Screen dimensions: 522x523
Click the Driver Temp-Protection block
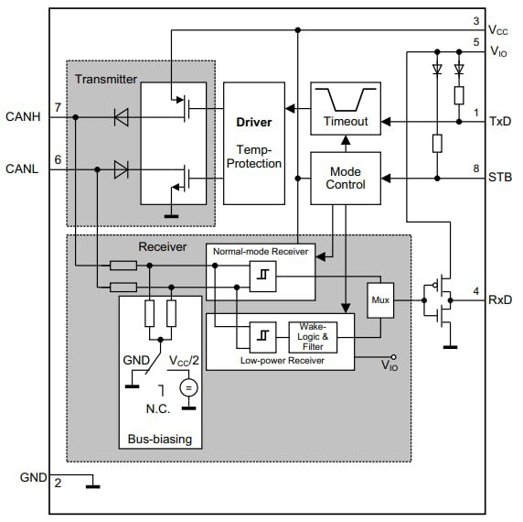coord(253,141)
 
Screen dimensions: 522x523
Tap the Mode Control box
coord(346,177)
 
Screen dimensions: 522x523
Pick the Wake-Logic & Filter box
coord(313,336)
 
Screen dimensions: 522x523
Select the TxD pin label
coord(499,121)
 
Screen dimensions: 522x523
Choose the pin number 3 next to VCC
coord(476,20)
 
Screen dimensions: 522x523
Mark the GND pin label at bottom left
coord(33,477)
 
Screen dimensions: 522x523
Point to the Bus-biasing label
coord(160,439)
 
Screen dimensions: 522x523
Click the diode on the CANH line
coord(120,116)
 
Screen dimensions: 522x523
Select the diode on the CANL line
coord(120,169)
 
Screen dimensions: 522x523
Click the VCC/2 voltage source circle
coord(188,387)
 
